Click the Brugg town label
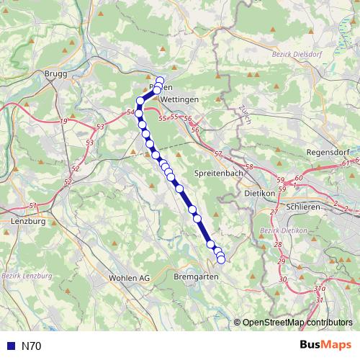coord(55,74)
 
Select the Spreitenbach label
coord(216,174)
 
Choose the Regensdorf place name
coord(328,153)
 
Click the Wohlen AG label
coord(129,277)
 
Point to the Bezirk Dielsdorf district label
coord(299,53)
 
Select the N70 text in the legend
coord(32,346)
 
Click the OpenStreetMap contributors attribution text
coord(297,322)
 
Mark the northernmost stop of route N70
coord(160,81)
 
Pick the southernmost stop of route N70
coord(221,259)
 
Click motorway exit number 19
coord(64,121)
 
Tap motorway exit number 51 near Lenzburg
coord(32,206)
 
